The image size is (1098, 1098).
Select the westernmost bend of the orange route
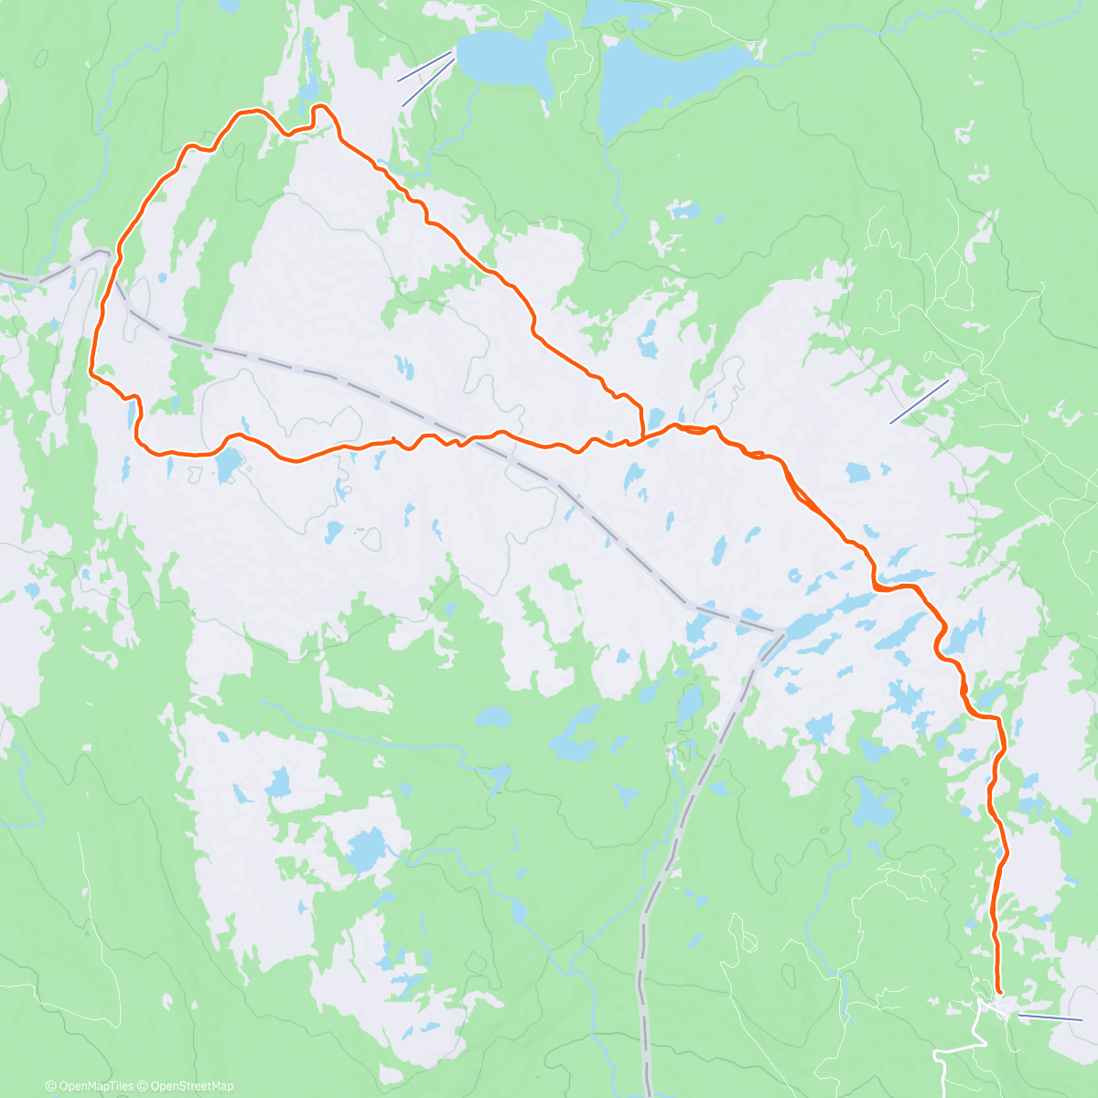coord(91,371)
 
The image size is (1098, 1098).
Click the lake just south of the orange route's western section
coord(228,466)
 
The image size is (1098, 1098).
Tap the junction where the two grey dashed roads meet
coord(782,631)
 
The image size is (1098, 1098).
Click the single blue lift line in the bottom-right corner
coord(1050,1017)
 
